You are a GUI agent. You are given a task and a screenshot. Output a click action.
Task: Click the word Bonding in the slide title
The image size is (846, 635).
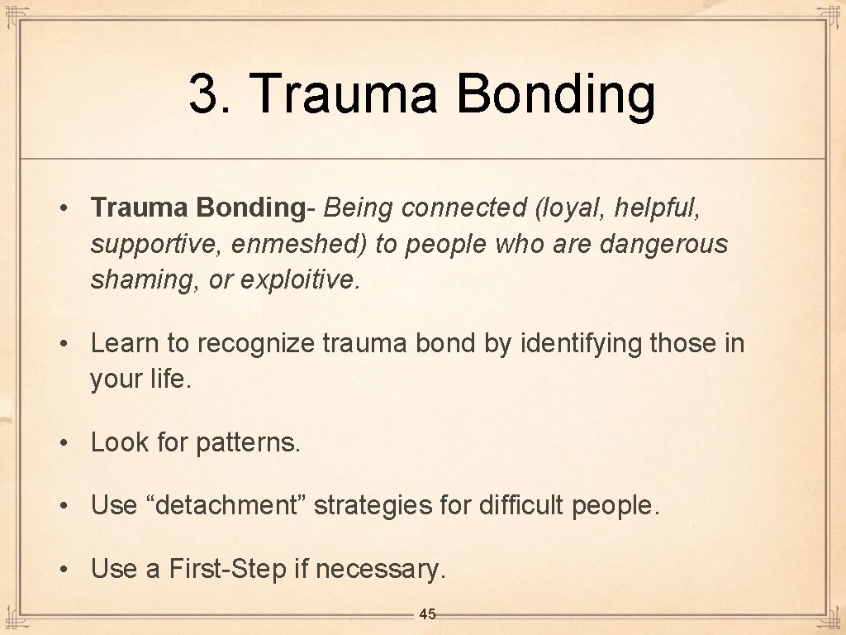(x=555, y=95)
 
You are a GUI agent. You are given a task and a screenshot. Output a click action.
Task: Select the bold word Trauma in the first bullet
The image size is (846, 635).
(x=140, y=208)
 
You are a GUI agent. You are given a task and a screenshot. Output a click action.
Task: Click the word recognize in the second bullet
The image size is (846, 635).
(x=254, y=342)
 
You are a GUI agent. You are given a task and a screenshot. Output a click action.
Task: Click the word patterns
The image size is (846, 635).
(x=248, y=442)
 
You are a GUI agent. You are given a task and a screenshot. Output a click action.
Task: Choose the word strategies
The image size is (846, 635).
(x=383, y=504)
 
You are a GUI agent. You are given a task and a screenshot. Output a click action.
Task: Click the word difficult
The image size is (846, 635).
(x=521, y=504)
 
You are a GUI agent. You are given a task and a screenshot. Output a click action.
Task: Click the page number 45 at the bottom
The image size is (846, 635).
(x=427, y=614)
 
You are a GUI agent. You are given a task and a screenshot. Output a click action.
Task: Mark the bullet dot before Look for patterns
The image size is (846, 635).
(x=64, y=443)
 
